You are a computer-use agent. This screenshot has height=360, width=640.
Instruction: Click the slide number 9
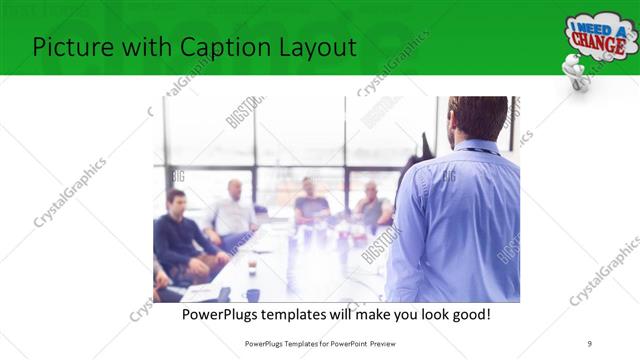click(590, 343)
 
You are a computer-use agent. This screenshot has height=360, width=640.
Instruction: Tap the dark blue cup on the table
click(253, 294)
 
